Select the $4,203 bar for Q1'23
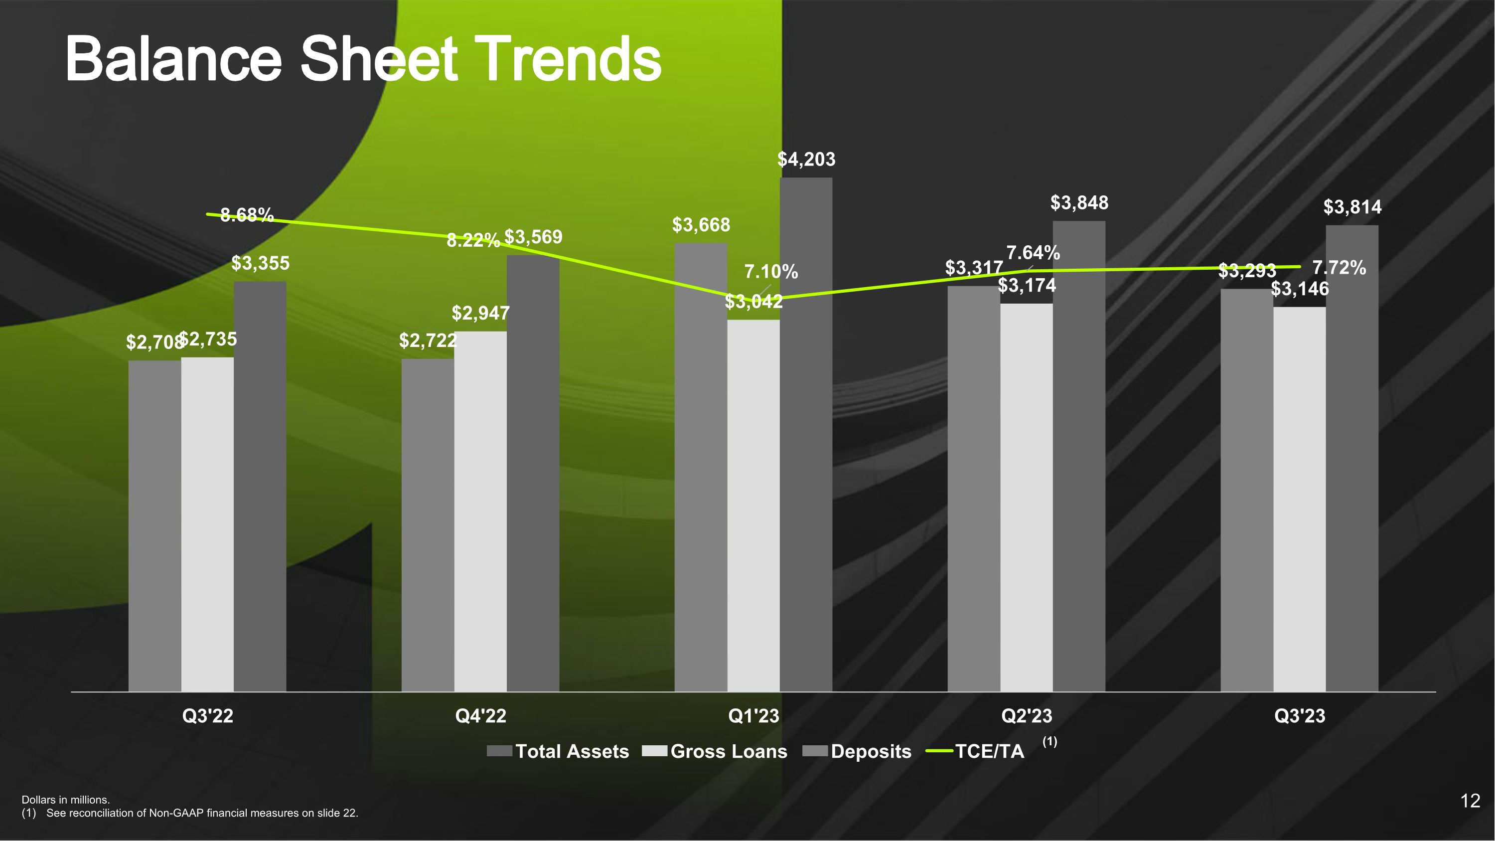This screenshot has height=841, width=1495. (806, 435)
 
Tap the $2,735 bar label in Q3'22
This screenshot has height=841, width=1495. (208, 339)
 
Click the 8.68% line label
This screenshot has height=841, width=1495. (247, 215)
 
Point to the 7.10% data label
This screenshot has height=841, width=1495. (771, 272)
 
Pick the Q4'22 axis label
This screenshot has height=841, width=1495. (480, 716)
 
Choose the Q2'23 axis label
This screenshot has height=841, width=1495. (1027, 716)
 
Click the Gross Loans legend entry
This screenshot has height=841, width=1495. (715, 752)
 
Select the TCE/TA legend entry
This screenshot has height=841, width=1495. (975, 752)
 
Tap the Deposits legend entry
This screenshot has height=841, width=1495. (857, 752)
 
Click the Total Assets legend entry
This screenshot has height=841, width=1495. (558, 752)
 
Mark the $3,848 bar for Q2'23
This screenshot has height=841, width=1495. (1079, 456)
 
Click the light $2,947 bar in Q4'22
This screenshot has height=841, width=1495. (480, 511)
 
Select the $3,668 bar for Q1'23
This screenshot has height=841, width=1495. (701, 467)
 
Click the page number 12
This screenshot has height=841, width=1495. (1470, 802)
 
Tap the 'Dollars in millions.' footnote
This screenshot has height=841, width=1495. (66, 800)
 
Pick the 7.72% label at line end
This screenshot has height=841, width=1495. (1340, 268)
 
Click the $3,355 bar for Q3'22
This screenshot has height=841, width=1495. (260, 487)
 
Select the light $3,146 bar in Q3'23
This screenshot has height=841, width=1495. (1300, 499)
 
